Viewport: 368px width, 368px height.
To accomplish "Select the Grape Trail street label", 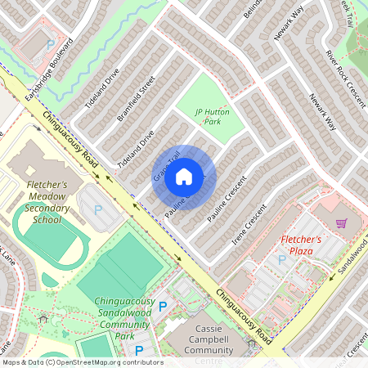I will [166, 167].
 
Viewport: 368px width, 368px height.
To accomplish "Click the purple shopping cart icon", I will [341, 222].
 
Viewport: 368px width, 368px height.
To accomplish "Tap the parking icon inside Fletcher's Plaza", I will [282, 259].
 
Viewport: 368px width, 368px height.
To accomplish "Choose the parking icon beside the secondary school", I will [98, 210].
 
